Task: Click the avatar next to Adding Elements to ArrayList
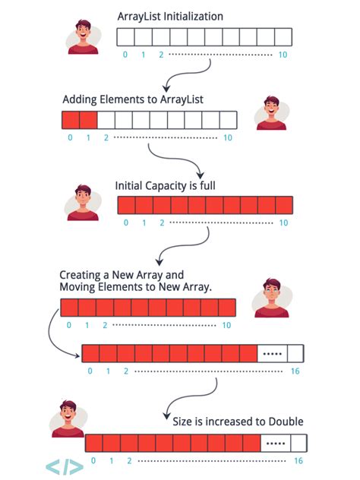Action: [270, 111]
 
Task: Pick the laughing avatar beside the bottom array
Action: [67, 418]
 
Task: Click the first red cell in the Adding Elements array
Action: [70, 119]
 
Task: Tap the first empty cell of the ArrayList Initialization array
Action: [125, 37]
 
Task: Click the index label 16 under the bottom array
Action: [298, 461]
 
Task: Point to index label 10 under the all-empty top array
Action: [283, 55]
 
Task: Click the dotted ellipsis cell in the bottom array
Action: [275, 444]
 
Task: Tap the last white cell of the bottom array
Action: [298, 444]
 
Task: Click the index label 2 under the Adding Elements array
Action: [106, 137]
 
